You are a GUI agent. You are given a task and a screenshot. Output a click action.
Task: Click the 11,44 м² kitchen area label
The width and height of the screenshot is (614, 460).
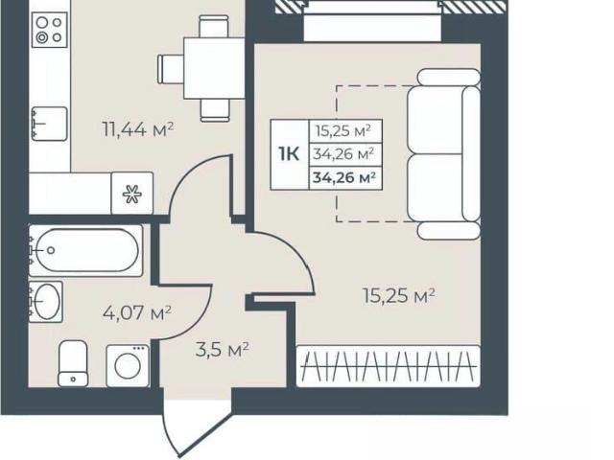coord(138,129)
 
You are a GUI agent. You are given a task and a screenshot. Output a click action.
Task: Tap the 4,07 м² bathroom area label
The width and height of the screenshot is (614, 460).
coord(137,312)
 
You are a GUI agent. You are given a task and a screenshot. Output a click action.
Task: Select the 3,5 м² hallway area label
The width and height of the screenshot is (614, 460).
coord(222,349)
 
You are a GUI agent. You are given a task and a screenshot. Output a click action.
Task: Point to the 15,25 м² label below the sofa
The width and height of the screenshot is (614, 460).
coord(399,296)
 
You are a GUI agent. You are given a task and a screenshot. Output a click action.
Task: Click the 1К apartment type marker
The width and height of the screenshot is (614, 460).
coord(289,154)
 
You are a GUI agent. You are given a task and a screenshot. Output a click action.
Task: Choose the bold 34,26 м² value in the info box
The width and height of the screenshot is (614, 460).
coord(344,178)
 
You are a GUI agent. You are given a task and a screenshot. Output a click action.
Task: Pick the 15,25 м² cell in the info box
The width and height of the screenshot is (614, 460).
coord(343,131)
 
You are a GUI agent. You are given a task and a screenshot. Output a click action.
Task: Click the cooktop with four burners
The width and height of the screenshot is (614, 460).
coord(49,30)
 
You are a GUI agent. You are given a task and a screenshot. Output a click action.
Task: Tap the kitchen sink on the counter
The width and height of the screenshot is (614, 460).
coord(49,124)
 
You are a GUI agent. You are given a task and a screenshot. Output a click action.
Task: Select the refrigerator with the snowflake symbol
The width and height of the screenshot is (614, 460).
coord(132,194)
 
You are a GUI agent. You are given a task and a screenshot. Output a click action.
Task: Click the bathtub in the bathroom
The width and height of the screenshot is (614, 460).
coord(85,251)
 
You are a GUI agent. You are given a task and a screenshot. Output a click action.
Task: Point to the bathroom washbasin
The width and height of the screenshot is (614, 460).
coord(46,302)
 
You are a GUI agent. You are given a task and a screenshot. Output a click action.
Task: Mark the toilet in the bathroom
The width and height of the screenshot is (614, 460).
coord(73,363)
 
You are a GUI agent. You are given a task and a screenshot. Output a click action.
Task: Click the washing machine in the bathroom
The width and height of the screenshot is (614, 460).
coord(128,366)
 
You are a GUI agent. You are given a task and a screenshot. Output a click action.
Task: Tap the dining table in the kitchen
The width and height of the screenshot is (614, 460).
coord(214,68)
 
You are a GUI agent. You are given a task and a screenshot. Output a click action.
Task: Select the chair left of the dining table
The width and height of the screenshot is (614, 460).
coord(171,69)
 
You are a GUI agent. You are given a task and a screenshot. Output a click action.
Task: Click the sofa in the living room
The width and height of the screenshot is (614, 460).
coord(443,153)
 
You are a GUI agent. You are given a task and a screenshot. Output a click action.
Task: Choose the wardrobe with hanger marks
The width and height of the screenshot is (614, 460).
coord(389,366)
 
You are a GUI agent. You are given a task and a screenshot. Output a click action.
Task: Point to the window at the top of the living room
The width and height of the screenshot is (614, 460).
coord(372,20)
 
